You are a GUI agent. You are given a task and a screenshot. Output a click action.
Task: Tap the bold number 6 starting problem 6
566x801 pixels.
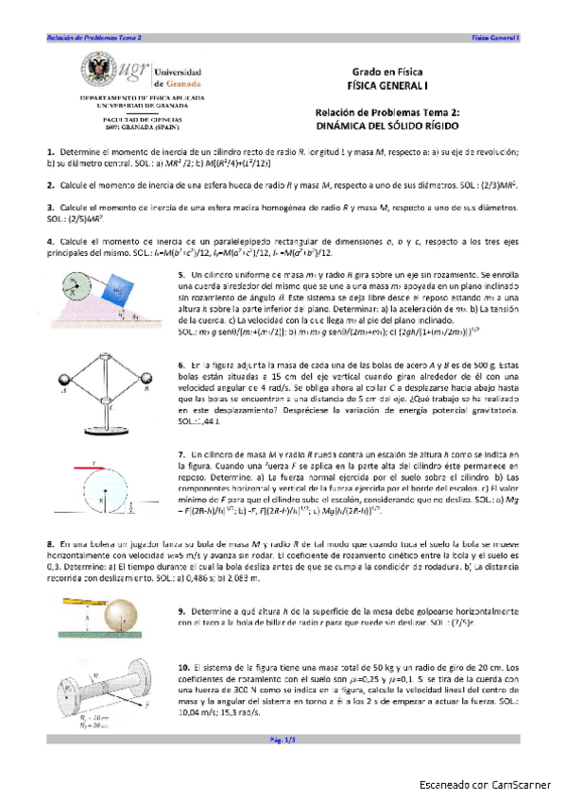[180, 365]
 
